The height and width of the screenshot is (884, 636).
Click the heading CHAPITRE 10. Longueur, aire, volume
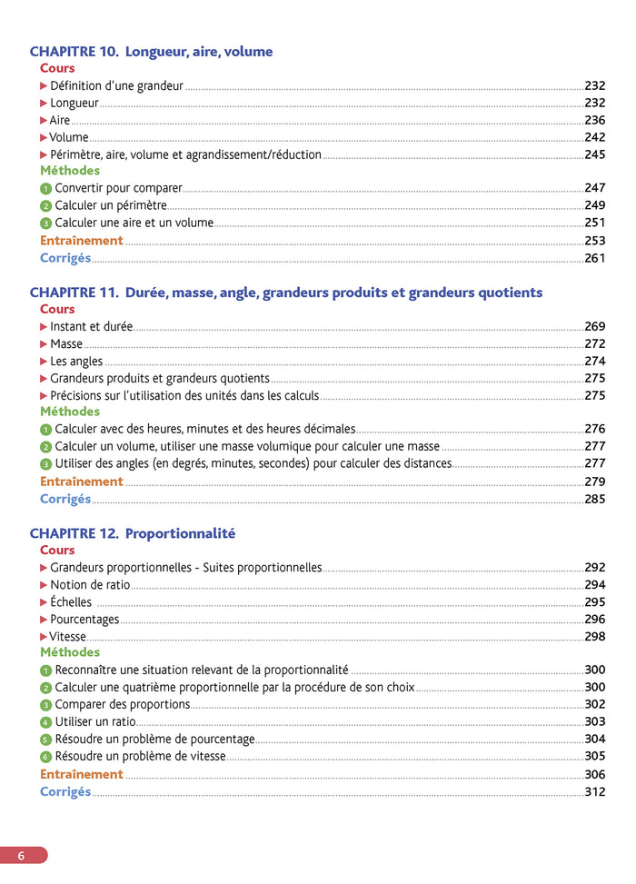click(x=151, y=52)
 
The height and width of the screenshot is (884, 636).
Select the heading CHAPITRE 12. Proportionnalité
click(x=133, y=533)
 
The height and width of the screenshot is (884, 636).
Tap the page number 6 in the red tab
click(x=21, y=855)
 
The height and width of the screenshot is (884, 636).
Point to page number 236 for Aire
click(x=594, y=120)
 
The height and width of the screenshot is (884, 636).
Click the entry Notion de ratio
click(x=90, y=585)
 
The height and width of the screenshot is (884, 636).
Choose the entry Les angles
click(x=76, y=362)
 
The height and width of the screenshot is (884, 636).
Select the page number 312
click(x=594, y=792)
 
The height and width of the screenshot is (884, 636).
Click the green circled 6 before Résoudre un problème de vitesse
click(x=46, y=757)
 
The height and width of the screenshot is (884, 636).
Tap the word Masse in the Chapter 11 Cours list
click(x=66, y=344)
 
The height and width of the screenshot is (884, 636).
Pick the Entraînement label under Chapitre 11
click(x=81, y=482)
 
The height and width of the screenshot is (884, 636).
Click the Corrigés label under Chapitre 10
click(x=65, y=258)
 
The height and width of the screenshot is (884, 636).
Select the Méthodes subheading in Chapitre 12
click(x=70, y=652)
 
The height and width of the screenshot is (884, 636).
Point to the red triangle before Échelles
click(x=44, y=602)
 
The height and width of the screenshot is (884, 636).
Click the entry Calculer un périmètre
click(x=111, y=205)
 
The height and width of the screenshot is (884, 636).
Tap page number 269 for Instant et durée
click(x=594, y=326)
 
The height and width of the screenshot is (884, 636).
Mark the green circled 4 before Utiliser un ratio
click(x=46, y=722)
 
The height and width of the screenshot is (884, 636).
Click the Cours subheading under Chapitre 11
click(x=57, y=309)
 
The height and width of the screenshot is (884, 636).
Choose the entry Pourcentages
click(x=84, y=620)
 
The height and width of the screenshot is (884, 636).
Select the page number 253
click(x=594, y=241)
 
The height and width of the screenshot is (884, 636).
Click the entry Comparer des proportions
click(x=123, y=704)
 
